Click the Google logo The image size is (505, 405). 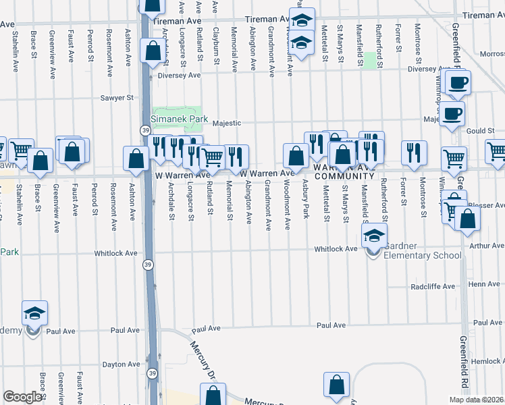point(22,397)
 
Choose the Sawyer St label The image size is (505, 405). point(117,98)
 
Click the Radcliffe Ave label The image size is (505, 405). point(433,287)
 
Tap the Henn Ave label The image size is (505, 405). point(483,284)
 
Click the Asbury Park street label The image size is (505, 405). point(306,199)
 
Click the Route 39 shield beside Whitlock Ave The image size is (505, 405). point(147,265)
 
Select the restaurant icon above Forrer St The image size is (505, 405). point(413,153)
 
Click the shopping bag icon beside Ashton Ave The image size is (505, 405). point(136,159)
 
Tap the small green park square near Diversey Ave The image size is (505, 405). point(369,61)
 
